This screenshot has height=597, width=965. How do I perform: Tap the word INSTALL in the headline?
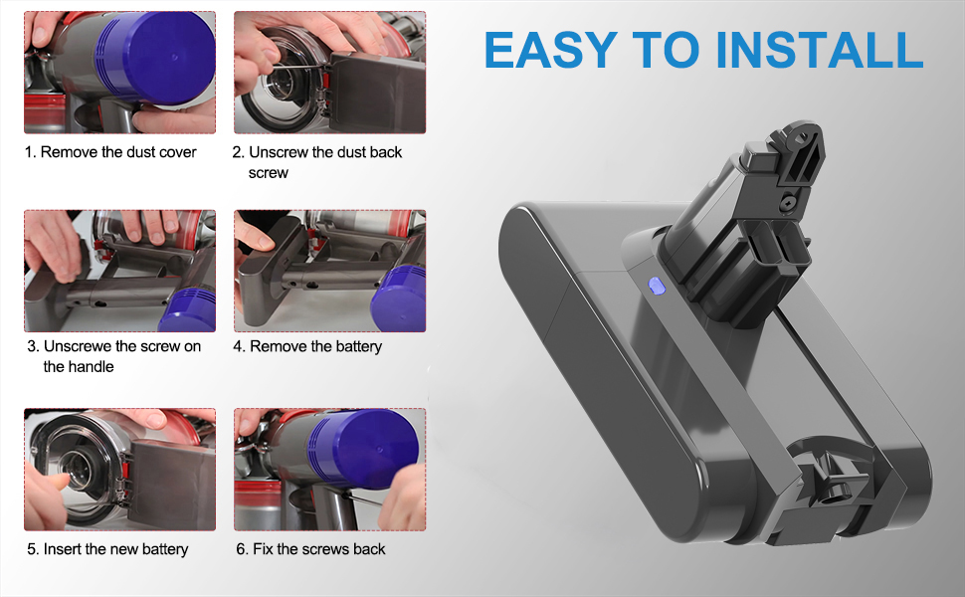click(x=820, y=49)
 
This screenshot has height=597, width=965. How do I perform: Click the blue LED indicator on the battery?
click(x=655, y=287)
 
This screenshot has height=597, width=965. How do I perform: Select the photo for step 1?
click(x=120, y=72)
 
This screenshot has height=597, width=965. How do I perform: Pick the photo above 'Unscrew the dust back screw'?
click(x=330, y=72)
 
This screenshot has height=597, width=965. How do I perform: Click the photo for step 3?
click(x=120, y=271)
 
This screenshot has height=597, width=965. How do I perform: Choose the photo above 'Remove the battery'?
click(x=330, y=271)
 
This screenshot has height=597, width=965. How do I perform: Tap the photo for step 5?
click(x=120, y=469)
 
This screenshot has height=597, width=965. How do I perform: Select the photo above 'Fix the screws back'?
click(x=330, y=469)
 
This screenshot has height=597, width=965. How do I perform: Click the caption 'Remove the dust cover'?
click(x=118, y=152)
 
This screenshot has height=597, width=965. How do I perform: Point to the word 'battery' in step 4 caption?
click(x=357, y=347)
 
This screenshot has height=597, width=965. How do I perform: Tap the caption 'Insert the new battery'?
click(x=115, y=549)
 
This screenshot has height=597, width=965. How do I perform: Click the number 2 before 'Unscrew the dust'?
click(x=237, y=152)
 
